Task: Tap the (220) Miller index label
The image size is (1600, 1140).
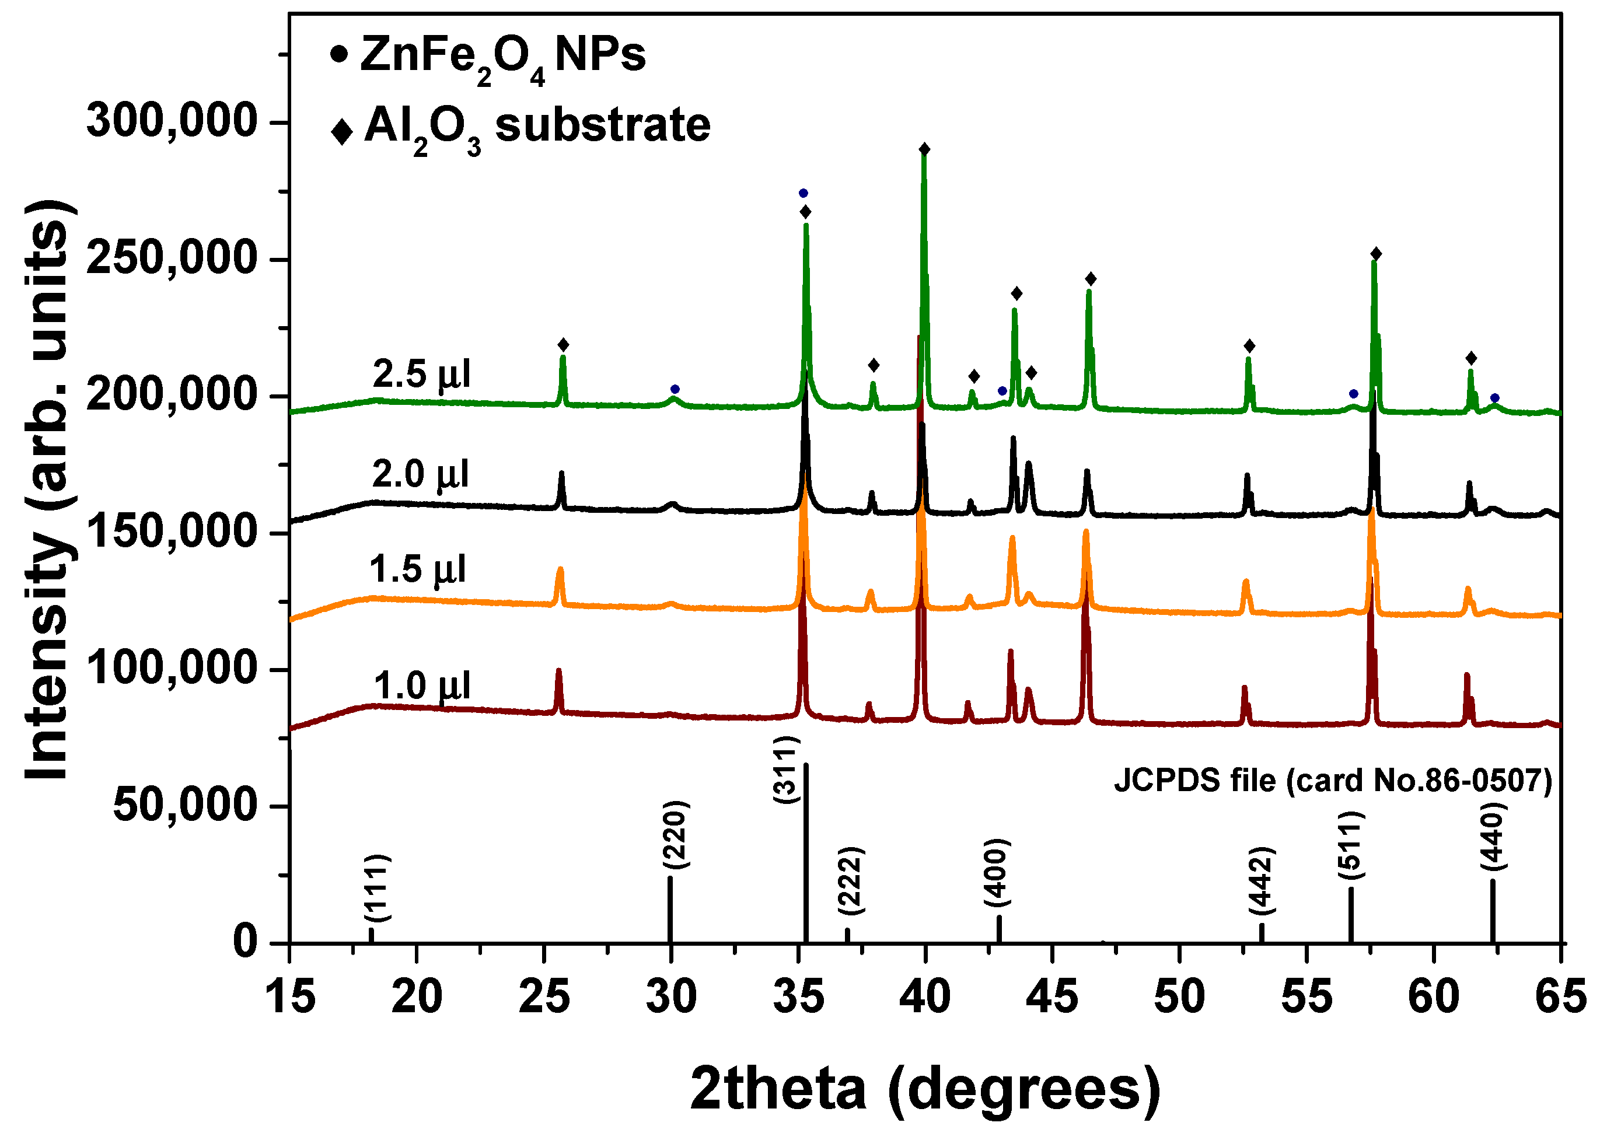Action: click(675, 835)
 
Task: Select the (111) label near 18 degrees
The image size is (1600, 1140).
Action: click(377, 888)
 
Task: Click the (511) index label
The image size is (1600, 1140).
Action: click(1350, 845)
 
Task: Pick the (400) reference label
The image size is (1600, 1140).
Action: click(996, 873)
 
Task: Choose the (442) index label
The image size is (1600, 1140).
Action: click(1261, 881)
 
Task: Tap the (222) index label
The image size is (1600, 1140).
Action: click(851, 881)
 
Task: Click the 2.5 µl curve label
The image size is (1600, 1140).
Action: click(421, 374)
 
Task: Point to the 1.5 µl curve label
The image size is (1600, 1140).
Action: click(418, 569)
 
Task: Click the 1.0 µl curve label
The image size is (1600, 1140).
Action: click(421, 686)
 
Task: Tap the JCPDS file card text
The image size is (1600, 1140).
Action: click(1333, 781)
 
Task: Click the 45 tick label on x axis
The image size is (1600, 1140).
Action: click(1051, 998)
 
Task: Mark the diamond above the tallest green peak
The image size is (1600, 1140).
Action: click(925, 149)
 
